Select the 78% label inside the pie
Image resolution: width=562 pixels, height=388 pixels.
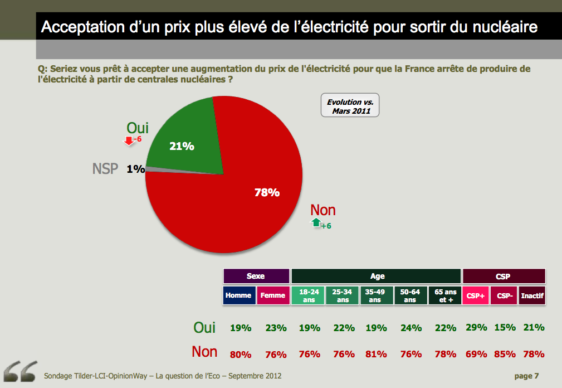coord(267,193)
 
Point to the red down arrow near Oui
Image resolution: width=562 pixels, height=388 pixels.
coord(129,140)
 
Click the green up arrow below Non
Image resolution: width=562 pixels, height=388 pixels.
coord(316,223)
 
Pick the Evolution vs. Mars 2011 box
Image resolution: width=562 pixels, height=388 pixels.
coord(350,106)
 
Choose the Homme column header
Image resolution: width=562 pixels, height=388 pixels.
coord(238,295)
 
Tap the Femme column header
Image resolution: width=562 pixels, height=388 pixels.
coord(273,295)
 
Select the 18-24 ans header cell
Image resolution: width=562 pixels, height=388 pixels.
coord(309,295)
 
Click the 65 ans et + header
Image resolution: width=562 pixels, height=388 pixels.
coord(445,295)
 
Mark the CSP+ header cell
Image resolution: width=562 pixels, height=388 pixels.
coord(475,295)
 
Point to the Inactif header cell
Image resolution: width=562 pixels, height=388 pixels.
coord(532,295)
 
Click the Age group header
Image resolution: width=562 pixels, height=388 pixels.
coord(377,276)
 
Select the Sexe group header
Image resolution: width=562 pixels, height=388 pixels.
coord(256,276)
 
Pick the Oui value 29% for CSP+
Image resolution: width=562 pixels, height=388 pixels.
coord(477,328)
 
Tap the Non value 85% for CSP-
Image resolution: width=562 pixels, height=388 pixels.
coord(505,354)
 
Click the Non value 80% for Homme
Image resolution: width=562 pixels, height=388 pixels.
coord(241,354)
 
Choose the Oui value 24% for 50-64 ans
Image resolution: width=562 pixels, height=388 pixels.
coord(410,328)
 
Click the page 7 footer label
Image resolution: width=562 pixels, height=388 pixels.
coord(526,376)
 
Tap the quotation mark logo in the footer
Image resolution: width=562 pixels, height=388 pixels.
coord(20,371)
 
